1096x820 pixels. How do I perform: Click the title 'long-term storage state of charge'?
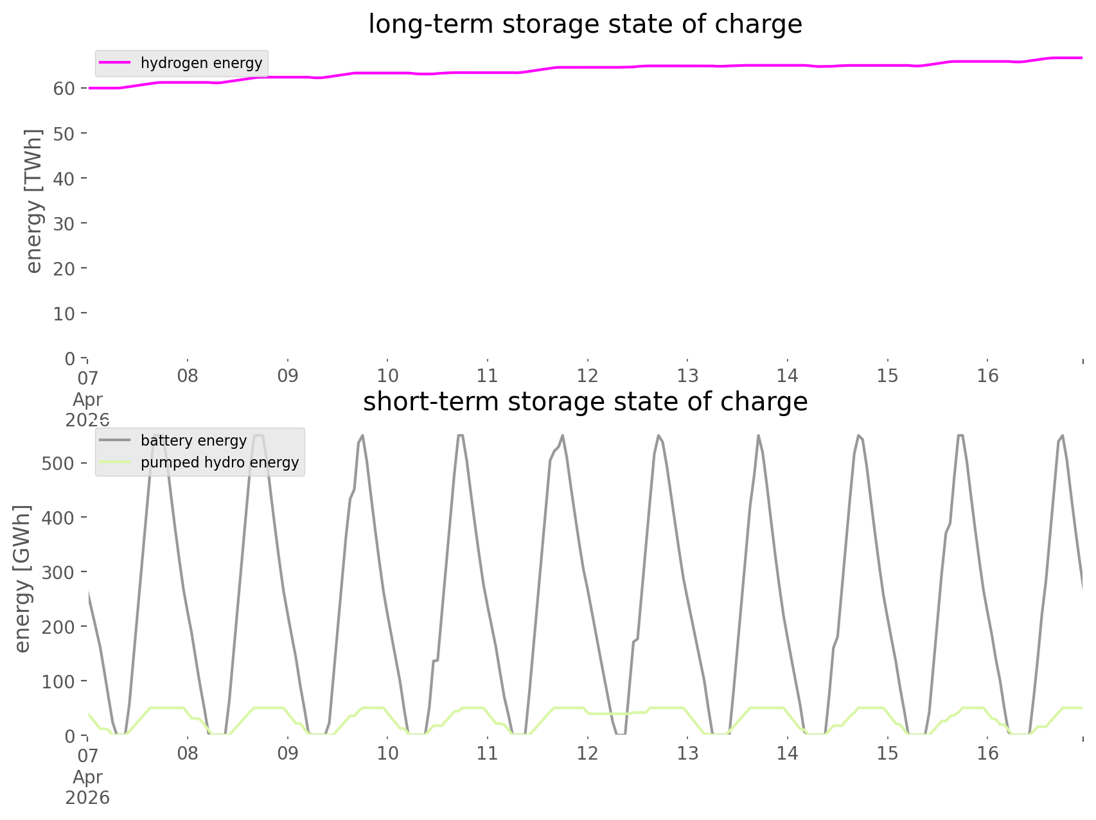585,24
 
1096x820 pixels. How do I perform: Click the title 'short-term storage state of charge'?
585,402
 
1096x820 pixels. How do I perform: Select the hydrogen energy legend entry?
201,63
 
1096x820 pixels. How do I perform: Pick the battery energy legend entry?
193,441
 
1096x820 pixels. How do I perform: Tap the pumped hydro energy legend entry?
220,462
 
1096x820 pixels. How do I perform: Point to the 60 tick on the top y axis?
64,89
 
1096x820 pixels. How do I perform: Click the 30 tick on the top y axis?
64,223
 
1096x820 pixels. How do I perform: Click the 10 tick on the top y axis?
64,313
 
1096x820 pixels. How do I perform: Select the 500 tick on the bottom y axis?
58,464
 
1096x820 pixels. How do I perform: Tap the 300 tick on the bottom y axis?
58,572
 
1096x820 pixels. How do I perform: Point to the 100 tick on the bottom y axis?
58,681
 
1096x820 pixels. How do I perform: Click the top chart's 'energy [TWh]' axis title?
34,201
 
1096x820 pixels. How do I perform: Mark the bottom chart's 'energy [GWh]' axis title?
22,579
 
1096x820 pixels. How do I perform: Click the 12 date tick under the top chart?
587,376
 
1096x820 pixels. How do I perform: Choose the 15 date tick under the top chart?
887,376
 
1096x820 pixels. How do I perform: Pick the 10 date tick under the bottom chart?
387,753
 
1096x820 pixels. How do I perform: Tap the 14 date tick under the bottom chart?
788,753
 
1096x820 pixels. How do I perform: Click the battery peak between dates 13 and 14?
758,437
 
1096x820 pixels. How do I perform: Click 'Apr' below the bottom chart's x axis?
87,777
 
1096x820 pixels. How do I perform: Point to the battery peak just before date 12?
562,436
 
